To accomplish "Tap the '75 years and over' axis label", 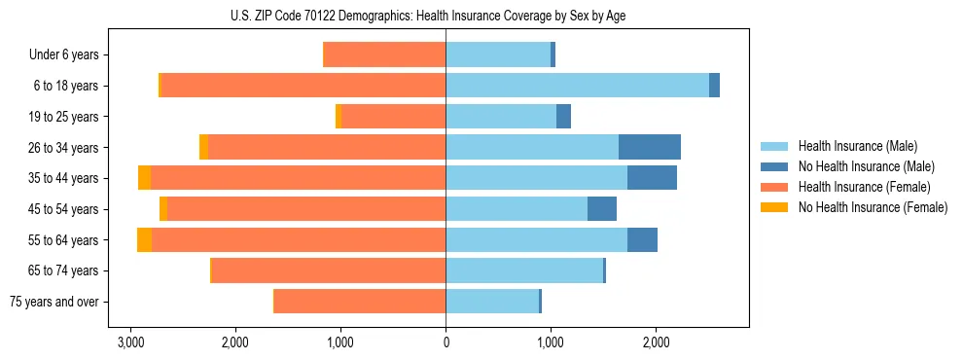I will (54, 302).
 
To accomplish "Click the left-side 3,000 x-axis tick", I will (130, 343).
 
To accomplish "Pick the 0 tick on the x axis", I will (446, 343).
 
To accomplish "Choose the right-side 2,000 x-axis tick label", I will (656, 343).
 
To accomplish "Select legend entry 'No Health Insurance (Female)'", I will (873, 207).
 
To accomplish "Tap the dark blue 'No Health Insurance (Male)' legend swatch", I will (774, 166).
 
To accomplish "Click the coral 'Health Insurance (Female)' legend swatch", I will (774, 187).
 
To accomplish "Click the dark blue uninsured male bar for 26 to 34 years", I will (650, 147).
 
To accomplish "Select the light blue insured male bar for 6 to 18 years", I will (577, 86).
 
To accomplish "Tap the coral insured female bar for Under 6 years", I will (384, 54).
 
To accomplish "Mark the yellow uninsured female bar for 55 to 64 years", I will (144, 240).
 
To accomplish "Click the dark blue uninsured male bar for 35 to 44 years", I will (652, 178).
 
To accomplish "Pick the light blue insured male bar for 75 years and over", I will (492, 302).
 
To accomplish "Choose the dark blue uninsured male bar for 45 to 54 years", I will (602, 209).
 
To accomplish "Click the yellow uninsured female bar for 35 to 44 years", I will (144, 178).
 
